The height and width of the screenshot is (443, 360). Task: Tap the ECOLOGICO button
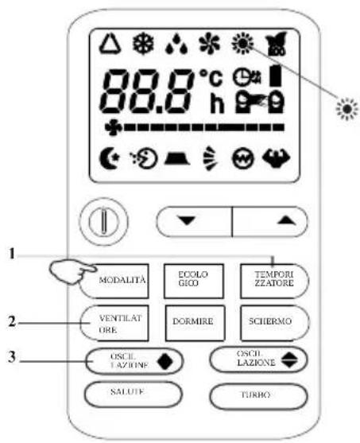[194, 281]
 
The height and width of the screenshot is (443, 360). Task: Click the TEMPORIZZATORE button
[274, 281]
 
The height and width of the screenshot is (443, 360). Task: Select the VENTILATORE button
[114, 324]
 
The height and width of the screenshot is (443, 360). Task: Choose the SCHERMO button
[274, 324]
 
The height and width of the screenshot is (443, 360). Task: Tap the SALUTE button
[134, 394]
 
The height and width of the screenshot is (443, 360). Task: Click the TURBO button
[258, 395]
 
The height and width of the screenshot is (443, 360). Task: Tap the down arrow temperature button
[194, 221]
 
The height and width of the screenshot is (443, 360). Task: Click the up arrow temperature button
[270, 221]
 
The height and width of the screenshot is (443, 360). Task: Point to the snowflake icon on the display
[143, 44]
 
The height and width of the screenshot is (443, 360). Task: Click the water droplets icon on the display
[176, 44]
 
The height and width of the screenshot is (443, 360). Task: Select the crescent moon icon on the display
[110, 158]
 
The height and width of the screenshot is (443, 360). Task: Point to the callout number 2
[12, 321]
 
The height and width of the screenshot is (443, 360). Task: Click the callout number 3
[12, 357]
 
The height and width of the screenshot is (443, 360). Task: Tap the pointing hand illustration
[72, 271]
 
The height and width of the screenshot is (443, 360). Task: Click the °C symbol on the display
[211, 77]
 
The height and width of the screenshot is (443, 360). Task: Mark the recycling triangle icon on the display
[110, 44]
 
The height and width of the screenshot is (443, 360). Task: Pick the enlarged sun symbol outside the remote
[347, 109]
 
